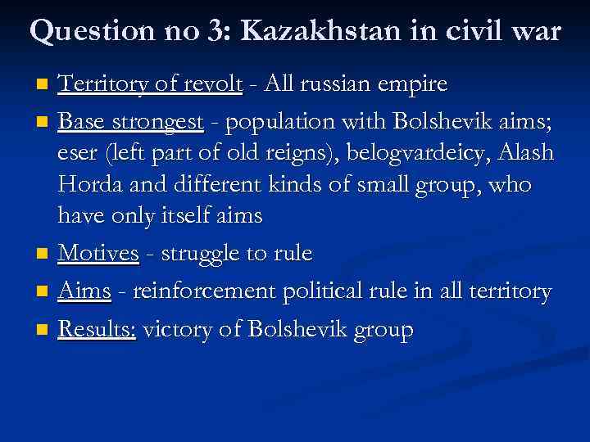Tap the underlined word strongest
tap(162, 123)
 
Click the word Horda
tap(88, 185)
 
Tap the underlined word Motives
tap(99, 253)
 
